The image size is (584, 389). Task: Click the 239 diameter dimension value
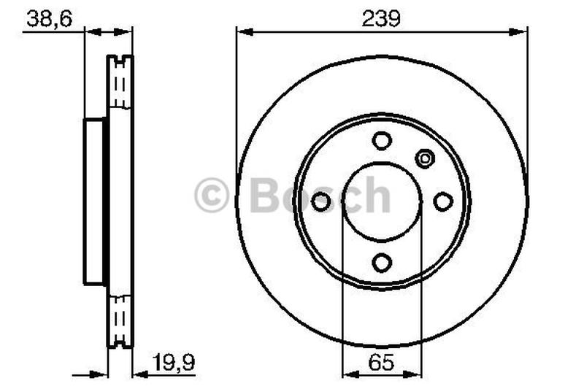pyautogui.click(x=381, y=18)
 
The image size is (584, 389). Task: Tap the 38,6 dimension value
pyautogui.click(x=49, y=19)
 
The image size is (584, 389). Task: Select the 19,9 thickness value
pyautogui.click(x=174, y=362)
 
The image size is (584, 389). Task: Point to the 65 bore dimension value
pyautogui.click(x=381, y=362)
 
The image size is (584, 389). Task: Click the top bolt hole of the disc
pyautogui.click(x=382, y=141)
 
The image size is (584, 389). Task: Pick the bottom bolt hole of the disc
pyautogui.click(x=382, y=263)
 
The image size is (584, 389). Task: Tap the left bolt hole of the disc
pyautogui.click(x=320, y=201)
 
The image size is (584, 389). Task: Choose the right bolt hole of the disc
pyautogui.click(x=443, y=201)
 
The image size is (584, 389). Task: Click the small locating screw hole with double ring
pyautogui.click(x=425, y=158)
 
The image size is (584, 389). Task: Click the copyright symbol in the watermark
pyautogui.click(x=211, y=195)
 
